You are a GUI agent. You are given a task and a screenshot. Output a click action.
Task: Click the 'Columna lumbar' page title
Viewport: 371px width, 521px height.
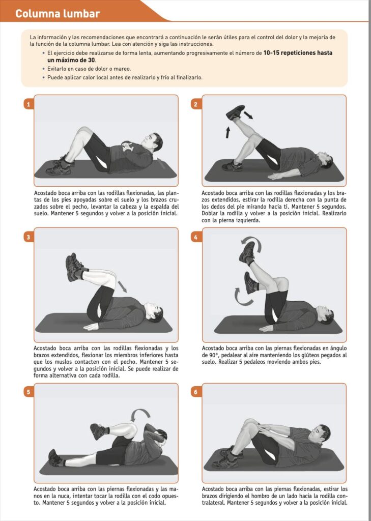pos(58,14)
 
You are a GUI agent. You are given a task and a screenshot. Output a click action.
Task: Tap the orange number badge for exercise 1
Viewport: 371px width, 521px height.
pos(28,104)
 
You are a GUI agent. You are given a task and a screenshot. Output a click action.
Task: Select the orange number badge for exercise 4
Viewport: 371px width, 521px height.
pos(195,237)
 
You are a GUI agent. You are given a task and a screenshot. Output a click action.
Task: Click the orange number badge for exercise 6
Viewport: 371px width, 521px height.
pos(195,392)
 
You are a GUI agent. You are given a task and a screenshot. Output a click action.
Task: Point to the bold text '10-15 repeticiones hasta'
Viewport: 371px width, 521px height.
pos(298,53)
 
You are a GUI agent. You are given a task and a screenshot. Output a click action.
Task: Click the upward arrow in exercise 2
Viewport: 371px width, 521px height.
pos(227,132)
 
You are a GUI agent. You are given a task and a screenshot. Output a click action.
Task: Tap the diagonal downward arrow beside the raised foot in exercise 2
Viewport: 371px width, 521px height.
pos(248,115)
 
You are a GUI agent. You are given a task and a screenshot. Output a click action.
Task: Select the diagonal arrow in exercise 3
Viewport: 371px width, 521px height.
pos(122,286)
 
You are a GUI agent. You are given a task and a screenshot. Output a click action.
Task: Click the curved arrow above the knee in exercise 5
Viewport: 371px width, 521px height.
pos(140,414)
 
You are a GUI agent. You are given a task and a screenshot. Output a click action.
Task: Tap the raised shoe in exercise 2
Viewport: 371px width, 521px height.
pos(235,112)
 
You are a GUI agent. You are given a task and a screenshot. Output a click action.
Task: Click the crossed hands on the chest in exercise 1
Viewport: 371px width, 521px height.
pos(127,146)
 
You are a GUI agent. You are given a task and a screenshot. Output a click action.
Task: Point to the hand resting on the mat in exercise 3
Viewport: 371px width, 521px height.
pos(91,327)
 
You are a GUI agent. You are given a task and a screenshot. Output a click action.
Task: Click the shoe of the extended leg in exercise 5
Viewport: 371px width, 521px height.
pos(55,457)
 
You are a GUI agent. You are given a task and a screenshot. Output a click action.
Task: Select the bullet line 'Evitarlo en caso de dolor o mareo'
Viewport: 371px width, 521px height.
pos(89,69)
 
